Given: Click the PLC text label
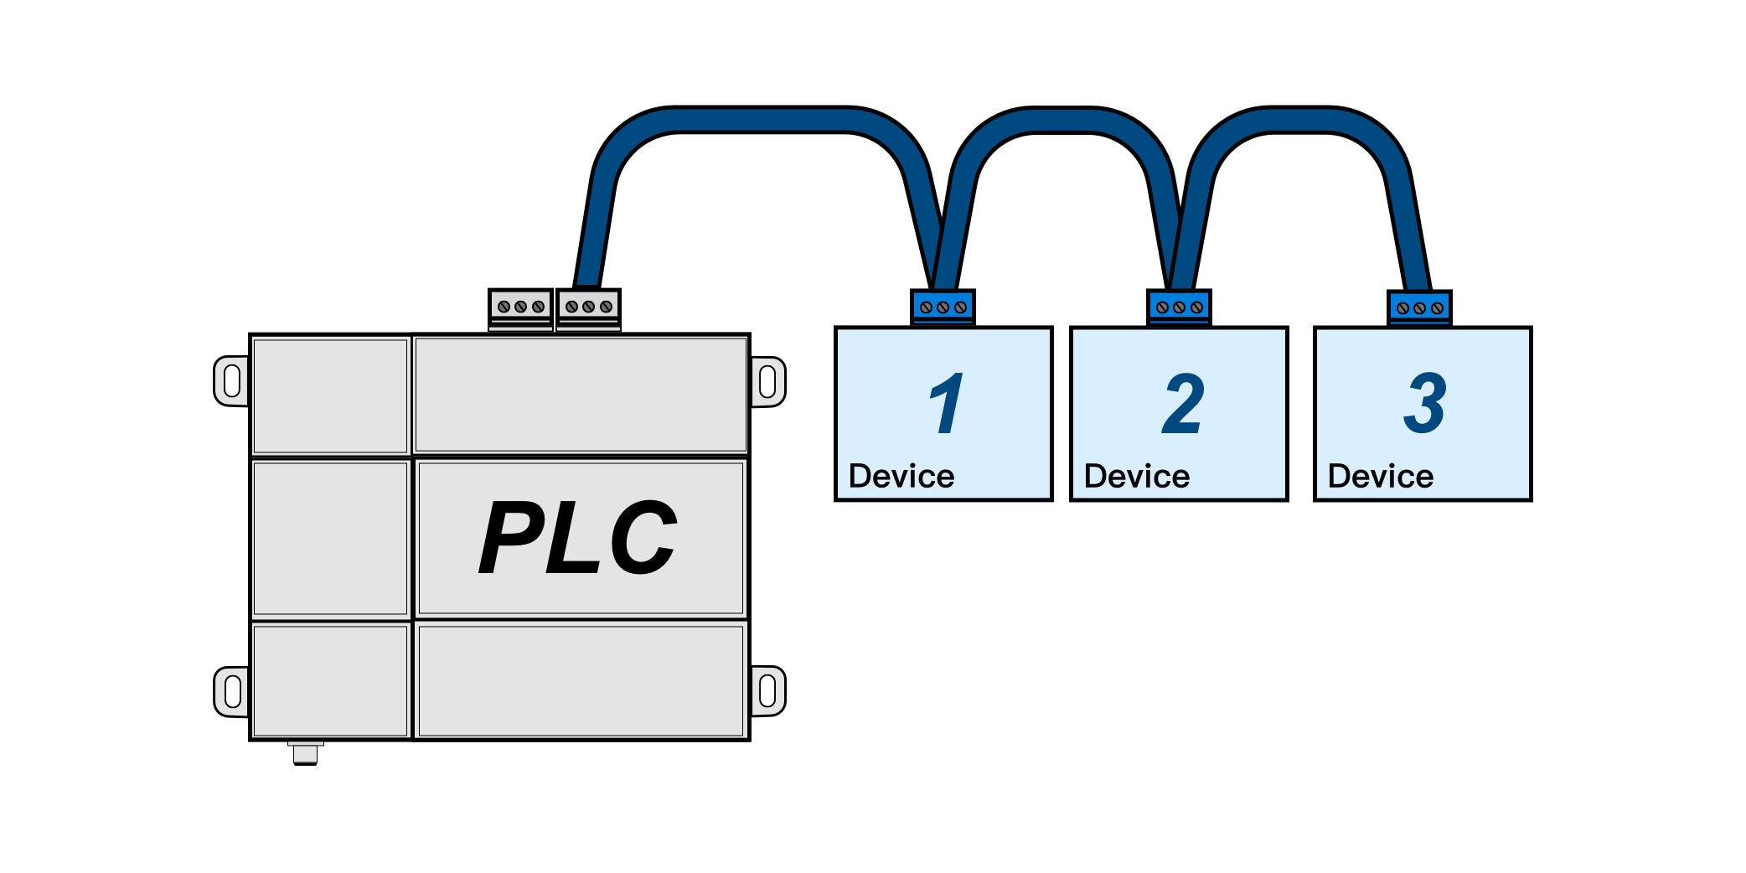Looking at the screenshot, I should coord(578,537).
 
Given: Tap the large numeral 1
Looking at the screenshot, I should coord(947,404).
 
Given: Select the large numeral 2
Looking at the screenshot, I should coord(1183,404).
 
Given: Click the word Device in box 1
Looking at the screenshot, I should coord(901,477).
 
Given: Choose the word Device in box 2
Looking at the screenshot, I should coord(1136,477).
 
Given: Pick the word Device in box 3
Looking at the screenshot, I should coord(1380,477).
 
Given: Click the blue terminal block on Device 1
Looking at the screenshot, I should coord(943,307).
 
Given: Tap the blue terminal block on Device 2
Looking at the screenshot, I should coord(1179,307).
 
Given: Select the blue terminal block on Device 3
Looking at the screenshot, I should coord(1419,308).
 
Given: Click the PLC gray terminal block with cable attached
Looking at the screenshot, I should coord(588,308).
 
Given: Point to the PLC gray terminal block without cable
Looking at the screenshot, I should coord(520,308).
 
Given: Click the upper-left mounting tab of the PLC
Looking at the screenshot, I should coord(232,381).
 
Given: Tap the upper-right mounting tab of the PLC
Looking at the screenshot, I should coord(767,382).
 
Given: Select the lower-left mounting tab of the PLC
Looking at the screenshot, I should coord(232,692).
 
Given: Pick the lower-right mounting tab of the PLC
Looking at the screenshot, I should coord(767,691).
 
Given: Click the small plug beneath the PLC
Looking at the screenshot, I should coord(305,754).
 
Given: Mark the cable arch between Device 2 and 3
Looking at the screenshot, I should coord(1299,120).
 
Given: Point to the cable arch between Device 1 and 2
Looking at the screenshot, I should coord(1062,120).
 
